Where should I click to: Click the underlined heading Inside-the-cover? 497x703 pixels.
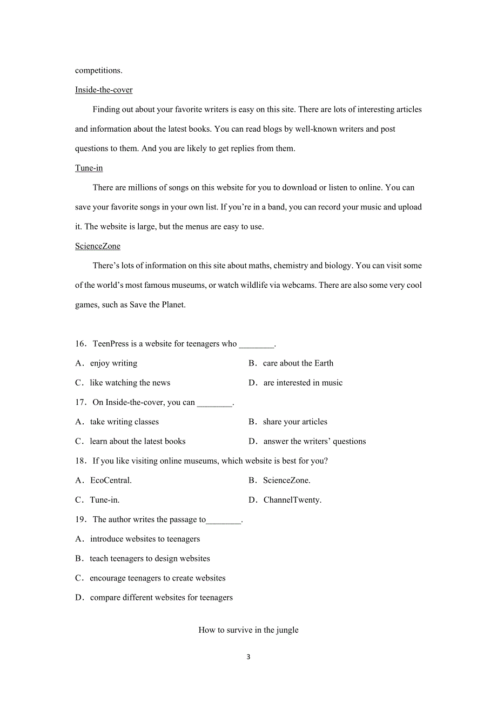[104, 90]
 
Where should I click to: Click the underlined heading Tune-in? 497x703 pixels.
[89, 168]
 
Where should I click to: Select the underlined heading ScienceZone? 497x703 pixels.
[98, 246]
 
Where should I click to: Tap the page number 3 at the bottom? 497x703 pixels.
[249, 657]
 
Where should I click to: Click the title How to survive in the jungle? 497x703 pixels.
[249, 630]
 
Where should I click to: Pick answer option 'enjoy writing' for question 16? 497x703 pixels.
[113, 363]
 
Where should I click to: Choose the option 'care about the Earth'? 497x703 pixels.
[298, 363]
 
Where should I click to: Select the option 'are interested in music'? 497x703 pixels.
[303, 383]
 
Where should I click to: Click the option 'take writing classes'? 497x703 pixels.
[124, 422]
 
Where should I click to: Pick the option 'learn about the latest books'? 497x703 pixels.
[138, 441]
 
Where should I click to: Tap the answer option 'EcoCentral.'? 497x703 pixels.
[111, 480]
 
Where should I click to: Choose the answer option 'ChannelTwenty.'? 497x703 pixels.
[292, 500]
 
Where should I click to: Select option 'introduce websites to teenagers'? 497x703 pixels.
[145, 539]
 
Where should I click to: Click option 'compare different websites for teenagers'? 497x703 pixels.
[162, 597]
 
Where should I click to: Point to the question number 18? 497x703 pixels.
[80, 461]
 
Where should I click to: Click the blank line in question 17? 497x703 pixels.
[214, 403]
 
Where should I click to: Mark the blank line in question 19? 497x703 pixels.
[224, 521]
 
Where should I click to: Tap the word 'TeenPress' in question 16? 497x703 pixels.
[111, 344]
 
